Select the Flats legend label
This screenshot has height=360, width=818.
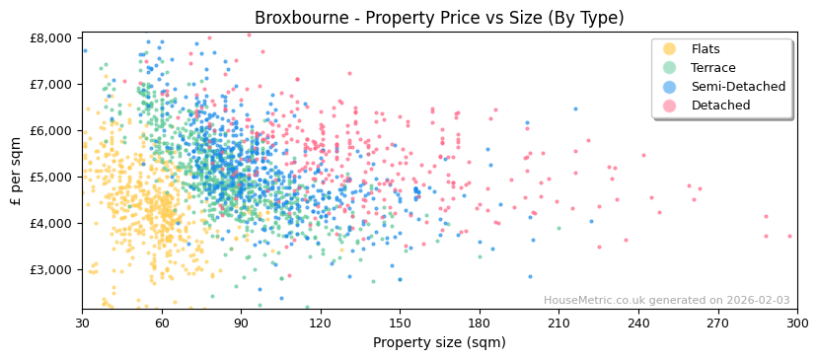coord(706,49)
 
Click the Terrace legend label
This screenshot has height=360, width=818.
coord(711,68)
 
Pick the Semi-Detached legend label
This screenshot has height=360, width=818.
coord(738,87)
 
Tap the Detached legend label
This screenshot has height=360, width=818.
coord(720,106)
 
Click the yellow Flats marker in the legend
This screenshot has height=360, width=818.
coord(669,49)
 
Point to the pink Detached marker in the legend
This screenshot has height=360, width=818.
coord(669,106)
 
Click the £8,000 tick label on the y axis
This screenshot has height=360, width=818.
coord(51,38)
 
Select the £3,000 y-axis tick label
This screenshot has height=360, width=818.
coord(51,269)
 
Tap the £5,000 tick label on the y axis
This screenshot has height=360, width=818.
coord(51,177)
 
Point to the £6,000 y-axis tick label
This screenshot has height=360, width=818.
coord(51,130)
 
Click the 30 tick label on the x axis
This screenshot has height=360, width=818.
coord(82,324)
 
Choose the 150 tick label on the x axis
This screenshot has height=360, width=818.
coord(400,324)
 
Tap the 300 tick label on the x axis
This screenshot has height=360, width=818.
coord(796,324)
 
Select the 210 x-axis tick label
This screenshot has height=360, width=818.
coord(558,324)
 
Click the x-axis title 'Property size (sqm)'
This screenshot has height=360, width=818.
coord(439,343)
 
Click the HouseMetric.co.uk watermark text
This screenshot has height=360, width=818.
coord(666,301)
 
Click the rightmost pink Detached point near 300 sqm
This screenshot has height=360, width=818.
coord(789,236)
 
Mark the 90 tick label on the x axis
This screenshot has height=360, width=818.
coord(241,324)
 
